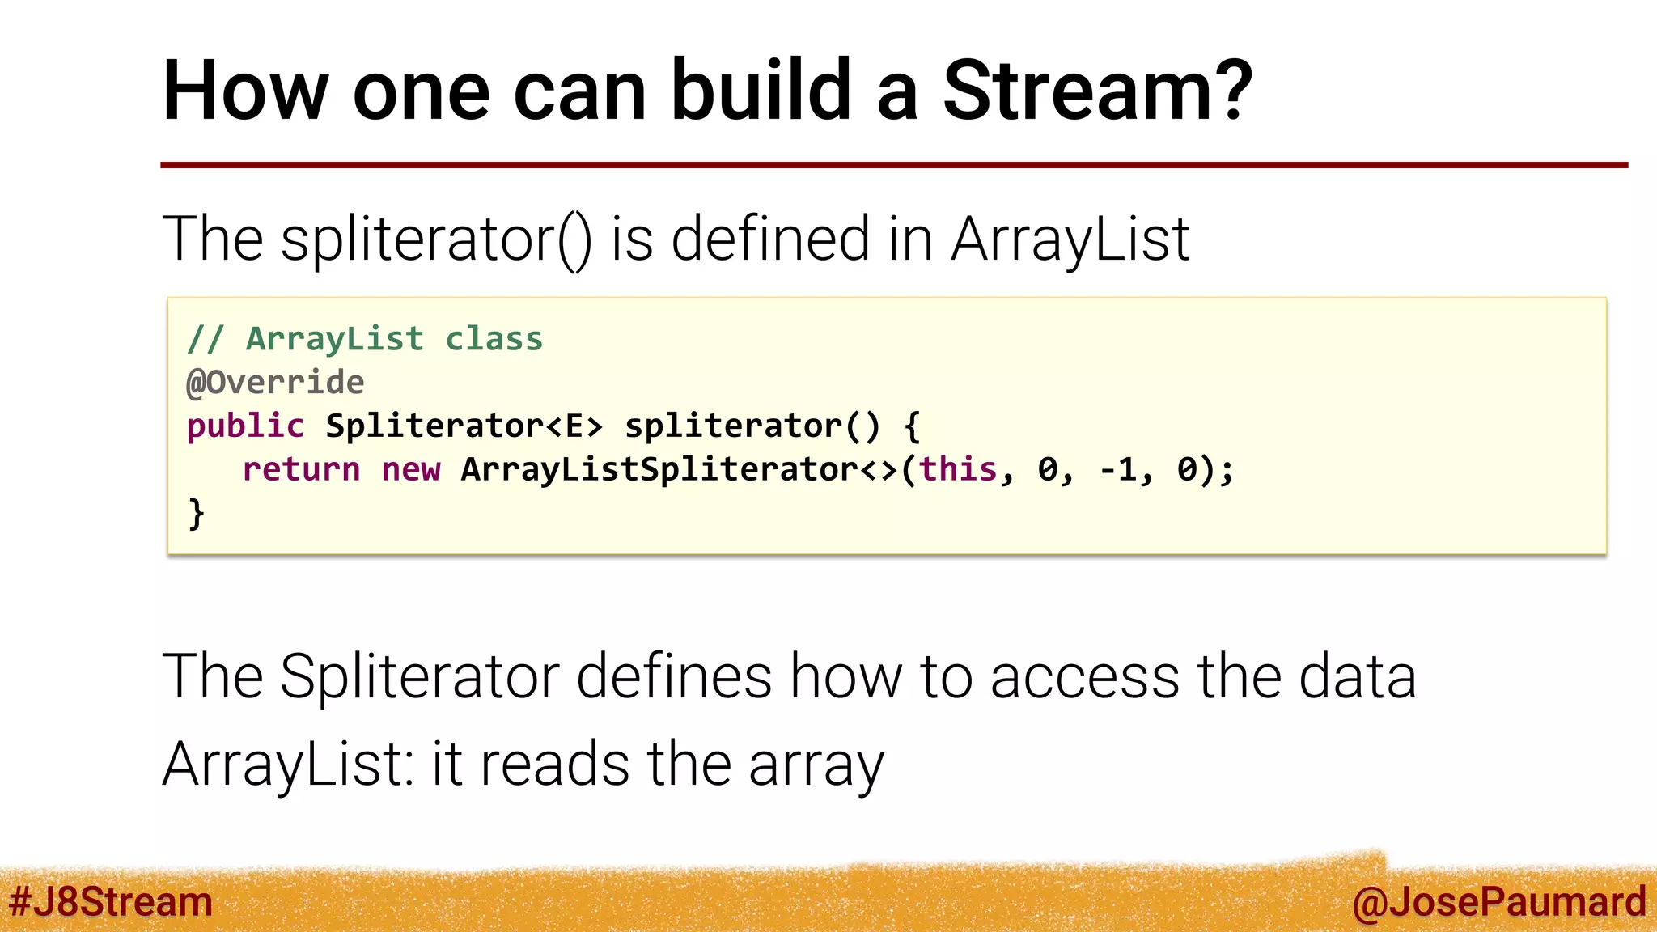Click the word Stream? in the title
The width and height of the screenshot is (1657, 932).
pyautogui.click(x=1097, y=91)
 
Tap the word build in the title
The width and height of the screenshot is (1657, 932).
pyautogui.click(x=761, y=91)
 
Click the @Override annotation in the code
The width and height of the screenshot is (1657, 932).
pyautogui.click(x=275, y=383)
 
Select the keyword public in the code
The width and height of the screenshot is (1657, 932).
pyautogui.click(x=245, y=426)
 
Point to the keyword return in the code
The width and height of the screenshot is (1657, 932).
pyautogui.click(x=301, y=470)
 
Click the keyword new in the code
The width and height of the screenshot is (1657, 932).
pyautogui.click(x=411, y=470)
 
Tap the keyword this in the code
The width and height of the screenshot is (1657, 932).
pyautogui.click(x=958, y=470)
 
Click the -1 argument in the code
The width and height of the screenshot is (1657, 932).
pyautogui.click(x=1118, y=470)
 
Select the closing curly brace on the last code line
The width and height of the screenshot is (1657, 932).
pyautogui.click(x=197, y=514)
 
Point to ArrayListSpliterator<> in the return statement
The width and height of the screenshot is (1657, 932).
pyautogui.click(x=680, y=470)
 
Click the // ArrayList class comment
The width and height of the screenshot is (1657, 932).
pyautogui.click(x=365, y=339)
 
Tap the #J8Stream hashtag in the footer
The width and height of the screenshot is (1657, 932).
pyautogui.click(x=110, y=902)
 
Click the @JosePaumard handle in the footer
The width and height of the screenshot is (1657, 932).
pyautogui.click(x=1498, y=902)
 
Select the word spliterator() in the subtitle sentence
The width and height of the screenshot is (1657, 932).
pyautogui.click(x=436, y=239)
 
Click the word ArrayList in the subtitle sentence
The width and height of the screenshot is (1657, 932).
pyautogui.click(x=1070, y=239)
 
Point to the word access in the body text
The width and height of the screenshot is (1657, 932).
pyautogui.click(x=1085, y=676)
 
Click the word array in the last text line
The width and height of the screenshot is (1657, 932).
pyautogui.click(x=816, y=765)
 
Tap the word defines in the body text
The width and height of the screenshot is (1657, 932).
pyautogui.click(x=674, y=676)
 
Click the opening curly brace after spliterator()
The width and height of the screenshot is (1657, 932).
pyautogui.click(x=912, y=426)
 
